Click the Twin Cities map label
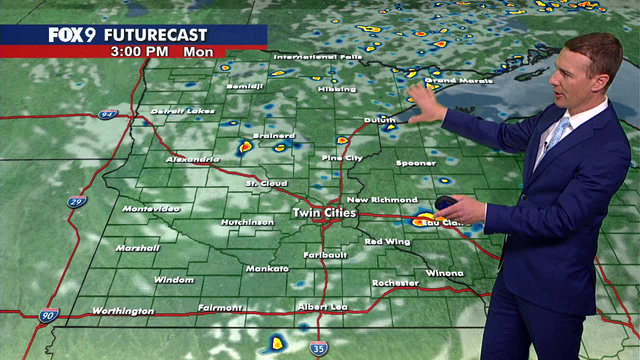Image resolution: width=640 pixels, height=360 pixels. click(324, 213)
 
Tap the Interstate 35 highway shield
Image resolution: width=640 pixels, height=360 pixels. click(318, 348)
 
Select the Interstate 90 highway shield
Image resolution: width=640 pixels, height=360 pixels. click(49, 315)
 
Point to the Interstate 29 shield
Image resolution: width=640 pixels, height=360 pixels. click(77, 201)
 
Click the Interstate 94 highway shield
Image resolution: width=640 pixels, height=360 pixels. click(107, 114)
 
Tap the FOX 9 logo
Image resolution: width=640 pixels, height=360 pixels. click(72, 35)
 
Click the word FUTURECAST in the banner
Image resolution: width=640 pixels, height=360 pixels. click(155, 35)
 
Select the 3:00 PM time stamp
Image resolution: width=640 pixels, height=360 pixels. click(139, 52)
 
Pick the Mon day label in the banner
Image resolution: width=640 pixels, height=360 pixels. click(198, 52)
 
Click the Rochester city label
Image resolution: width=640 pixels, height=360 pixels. click(395, 283)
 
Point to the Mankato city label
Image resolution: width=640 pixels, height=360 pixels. click(267, 269)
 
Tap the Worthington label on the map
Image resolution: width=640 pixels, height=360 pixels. click(123, 311)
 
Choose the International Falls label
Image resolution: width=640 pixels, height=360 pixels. click(317, 57)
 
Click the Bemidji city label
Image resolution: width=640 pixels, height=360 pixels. click(244, 86)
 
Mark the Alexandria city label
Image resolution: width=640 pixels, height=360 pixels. click(192, 159)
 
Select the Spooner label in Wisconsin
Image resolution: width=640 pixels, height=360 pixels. click(415, 163)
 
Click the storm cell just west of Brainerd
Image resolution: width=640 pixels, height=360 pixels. click(245, 147)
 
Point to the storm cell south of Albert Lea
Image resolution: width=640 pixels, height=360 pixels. click(277, 342)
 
